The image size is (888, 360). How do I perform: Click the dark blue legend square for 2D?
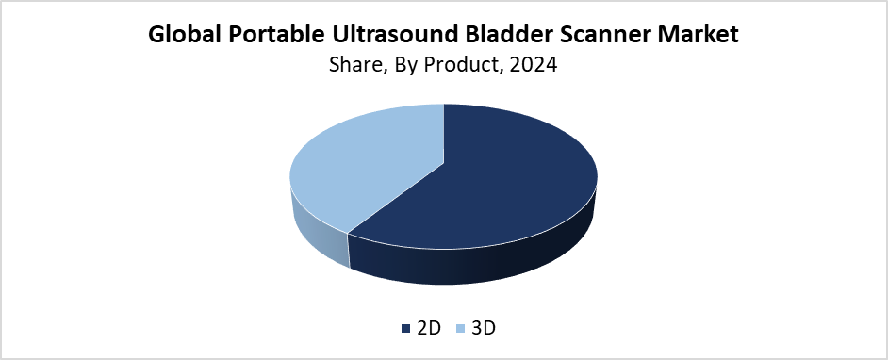[x=405, y=328]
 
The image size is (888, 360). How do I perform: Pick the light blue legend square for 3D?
[x=460, y=328]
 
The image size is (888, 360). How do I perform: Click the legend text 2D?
[x=428, y=328]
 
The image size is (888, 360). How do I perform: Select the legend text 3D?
[x=483, y=328]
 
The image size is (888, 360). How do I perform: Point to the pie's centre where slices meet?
[x=444, y=164]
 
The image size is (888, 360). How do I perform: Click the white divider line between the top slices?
[x=444, y=134]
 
